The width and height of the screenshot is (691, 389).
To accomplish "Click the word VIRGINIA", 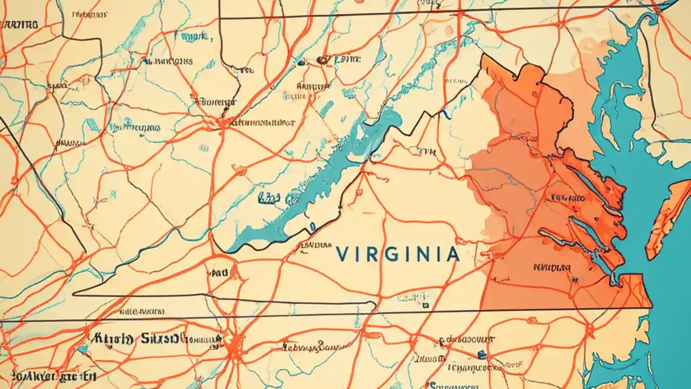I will [x=397, y=254].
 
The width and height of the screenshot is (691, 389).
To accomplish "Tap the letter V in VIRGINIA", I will [x=341, y=254].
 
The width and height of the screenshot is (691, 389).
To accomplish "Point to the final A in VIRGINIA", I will [x=452, y=254].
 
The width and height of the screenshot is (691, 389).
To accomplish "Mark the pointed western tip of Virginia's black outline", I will [x=73, y=294].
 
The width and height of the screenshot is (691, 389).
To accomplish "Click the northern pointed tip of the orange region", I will [x=484, y=57].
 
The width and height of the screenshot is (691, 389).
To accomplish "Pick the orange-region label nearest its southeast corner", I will [x=551, y=267].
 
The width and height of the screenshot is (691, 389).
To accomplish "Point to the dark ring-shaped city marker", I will [x=323, y=60].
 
